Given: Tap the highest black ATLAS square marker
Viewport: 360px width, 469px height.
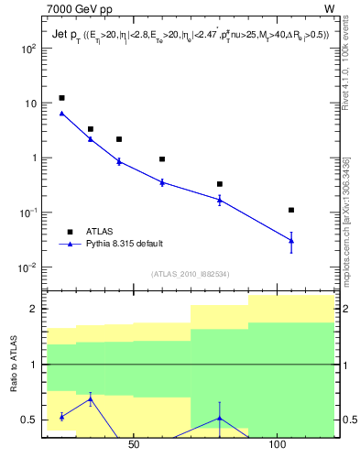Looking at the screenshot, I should pyautogui.click(x=61, y=98).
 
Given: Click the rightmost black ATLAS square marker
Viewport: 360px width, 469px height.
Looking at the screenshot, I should pyautogui.click(x=291, y=210).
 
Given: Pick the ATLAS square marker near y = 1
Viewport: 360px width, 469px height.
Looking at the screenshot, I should pyautogui.click(x=162, y=159).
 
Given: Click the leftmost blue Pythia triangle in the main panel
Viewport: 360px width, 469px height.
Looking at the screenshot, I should pyautogui.click(x=61, y=114).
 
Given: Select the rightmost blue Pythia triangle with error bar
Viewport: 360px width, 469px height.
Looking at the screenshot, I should pyautogui.click(x=291, y=240).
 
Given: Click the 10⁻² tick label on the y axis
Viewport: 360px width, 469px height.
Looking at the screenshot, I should pyautogui.click(x=27, y=267).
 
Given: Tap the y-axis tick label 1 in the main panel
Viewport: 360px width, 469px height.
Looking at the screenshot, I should pyautogui.click(x=33, y=158).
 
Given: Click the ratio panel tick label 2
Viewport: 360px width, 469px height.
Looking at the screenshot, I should pyautogui.click(x=33, y=309).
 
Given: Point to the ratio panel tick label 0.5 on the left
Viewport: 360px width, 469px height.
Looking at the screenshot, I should pyautogui.click(x=29, y=420).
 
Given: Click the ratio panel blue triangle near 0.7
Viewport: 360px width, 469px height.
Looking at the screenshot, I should pyautogui.click(x=91, y=398).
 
